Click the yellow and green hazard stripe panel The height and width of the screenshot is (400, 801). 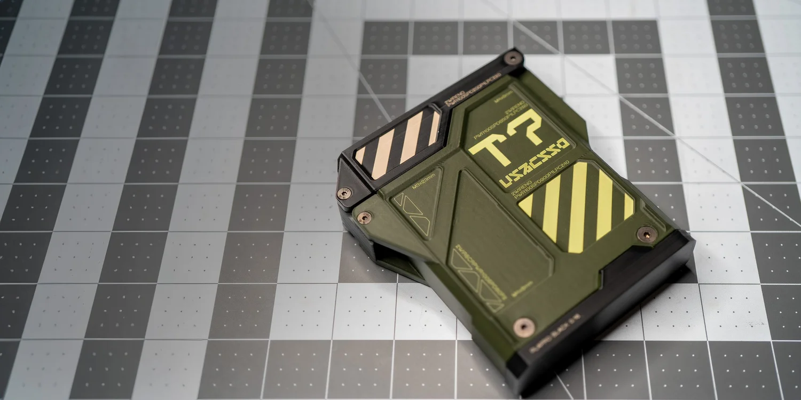coord(577,205)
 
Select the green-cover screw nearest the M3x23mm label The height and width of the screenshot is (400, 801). coord(365,217)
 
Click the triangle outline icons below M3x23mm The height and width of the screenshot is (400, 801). coord(412,213)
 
